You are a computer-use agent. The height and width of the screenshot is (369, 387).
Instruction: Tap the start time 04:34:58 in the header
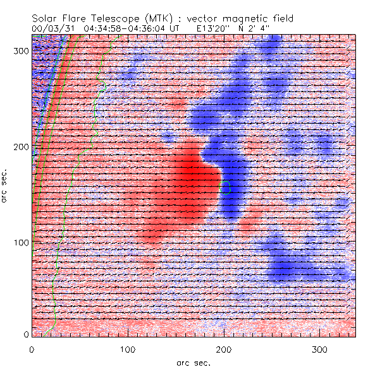(x=110, y=28)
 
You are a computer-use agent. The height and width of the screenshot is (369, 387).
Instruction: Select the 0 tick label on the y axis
(x=26, y=334)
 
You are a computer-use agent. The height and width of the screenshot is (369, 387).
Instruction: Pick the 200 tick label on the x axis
(x=224, y=349)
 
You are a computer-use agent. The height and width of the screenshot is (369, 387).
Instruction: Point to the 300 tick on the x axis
(x=320, y=349)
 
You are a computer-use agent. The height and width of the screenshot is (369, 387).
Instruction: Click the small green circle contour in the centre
(x=225, y=187)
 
